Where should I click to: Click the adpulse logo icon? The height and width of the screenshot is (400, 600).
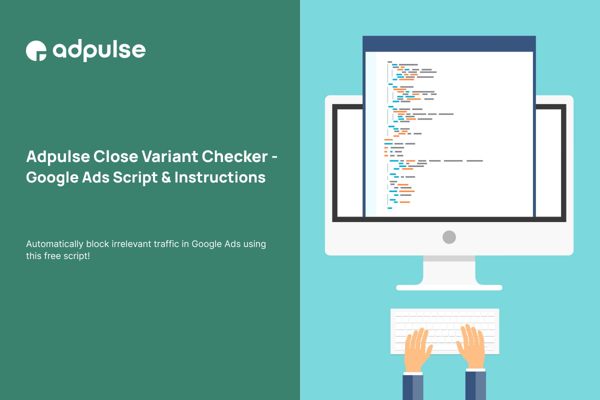pyautogui.click(x=36, y=50)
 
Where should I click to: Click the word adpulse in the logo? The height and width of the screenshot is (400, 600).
pyautogui.click(x=99, y=50)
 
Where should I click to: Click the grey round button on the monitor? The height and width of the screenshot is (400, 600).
pyautogui.click(x=449, y=237)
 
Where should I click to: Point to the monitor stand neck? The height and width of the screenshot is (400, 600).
pyautogui.click(x=449, y=270)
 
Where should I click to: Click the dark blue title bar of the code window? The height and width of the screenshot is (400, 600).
pyautogui.click(x=449, y=43)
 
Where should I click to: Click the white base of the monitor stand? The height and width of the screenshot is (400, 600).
pyautogui.click(x=449, y=287)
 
